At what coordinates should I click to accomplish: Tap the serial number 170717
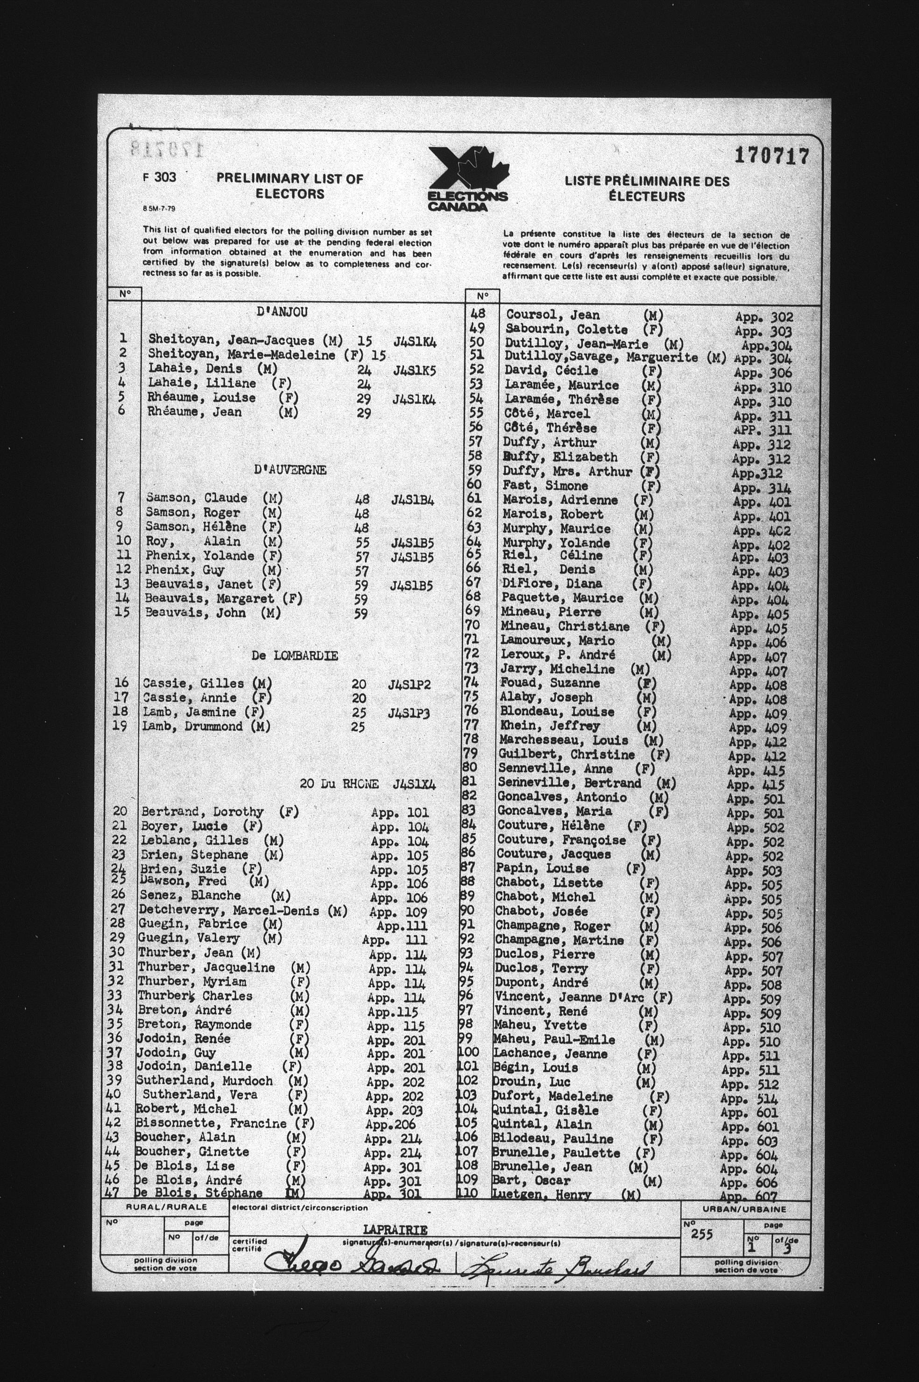point(771,157)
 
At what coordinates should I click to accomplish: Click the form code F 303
point(159,177)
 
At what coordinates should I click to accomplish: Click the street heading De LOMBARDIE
point(294,656)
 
